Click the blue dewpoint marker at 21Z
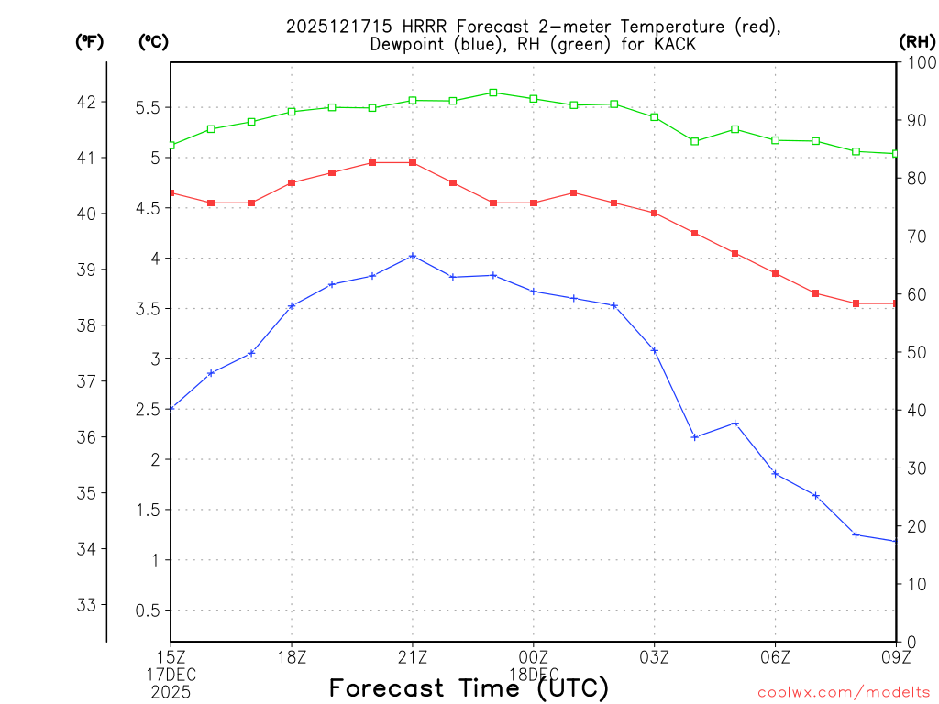coord(413,256)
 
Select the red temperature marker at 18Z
coord(292,182)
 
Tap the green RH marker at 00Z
coord(534,98)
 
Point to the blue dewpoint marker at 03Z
coord(655,350)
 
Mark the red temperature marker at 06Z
coord(776,273)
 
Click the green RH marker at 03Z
coord(655,116)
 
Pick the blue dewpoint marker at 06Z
coord(776,474)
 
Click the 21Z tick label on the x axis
coord(413,656)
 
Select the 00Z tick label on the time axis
coord(534,656)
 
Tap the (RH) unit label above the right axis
coord(916,41)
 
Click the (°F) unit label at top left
coord(89,41)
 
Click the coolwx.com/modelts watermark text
coord(844,692)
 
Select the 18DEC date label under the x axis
coord(534,674)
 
